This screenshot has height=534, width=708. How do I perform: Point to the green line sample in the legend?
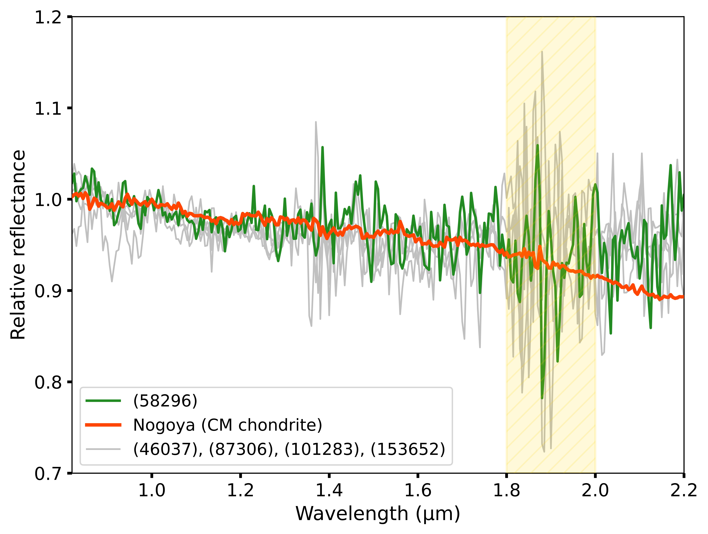pyautogui.click(x=103, y=401)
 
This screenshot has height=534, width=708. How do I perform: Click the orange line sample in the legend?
pyautogui.click(x=103, y=425)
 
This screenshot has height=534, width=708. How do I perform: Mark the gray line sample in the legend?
pyautogui.click(x=103, y=449)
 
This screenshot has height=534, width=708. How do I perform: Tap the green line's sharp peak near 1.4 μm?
pyautogui.click(x=322, y=147)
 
